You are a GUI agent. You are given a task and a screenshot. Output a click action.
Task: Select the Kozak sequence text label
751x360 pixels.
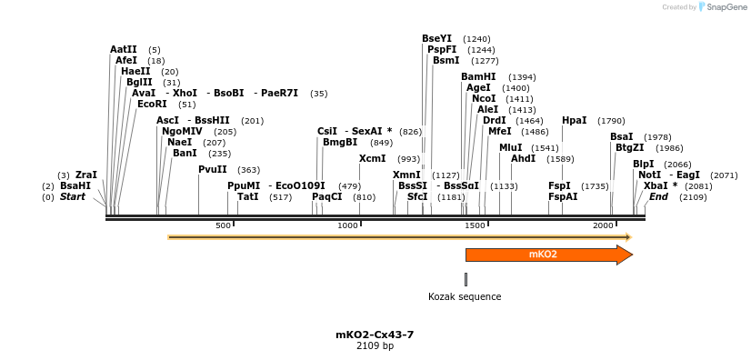(x=465, y=296)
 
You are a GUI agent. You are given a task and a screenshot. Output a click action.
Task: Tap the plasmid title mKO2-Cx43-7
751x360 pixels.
(x=375, y=335)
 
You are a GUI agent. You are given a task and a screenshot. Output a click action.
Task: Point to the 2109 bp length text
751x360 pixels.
(x=375, y=346)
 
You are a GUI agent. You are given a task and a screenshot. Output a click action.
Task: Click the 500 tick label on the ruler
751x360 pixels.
(x=223, y=225)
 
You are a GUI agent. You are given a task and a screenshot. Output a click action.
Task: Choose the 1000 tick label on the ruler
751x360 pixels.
(x=348, y=225)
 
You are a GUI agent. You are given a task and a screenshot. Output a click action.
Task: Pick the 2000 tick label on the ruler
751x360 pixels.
(x=603, y=225)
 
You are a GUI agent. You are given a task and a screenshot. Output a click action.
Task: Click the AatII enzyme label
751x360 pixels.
(x=124, y=50)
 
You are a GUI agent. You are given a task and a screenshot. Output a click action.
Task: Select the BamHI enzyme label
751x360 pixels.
(x=478, y=77)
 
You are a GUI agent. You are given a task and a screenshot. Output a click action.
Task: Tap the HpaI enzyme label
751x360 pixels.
(x=574, y=121)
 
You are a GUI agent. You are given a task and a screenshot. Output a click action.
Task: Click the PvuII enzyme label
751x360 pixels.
(x=213, y=169)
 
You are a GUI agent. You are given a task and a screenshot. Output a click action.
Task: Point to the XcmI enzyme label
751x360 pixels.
(x=372, y=159)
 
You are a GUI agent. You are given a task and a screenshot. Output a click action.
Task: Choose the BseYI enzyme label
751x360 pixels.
(x=436, y=39)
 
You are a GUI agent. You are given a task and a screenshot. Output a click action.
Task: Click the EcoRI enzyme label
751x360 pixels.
(x=152, y=105)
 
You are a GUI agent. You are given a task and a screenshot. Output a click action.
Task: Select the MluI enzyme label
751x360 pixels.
(x=510, y=147)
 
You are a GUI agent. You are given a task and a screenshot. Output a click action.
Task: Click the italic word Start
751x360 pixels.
(x=73, y=196)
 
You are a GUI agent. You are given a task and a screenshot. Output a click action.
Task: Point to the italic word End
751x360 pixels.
(x=658, y=196)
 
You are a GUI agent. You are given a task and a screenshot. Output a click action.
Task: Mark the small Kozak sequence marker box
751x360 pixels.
(x=466, y=279)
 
